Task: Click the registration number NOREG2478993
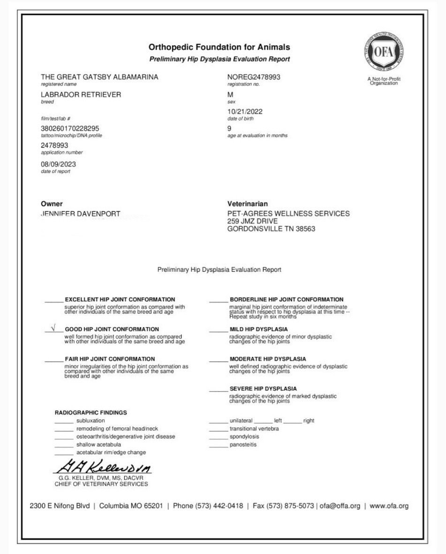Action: (254, 77)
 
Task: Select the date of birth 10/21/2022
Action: (245, 112)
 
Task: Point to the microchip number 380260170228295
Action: (70, 128)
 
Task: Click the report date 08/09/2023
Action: (59, 164)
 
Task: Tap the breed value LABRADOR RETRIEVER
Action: (81, 94)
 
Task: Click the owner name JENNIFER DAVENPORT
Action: (81, 214)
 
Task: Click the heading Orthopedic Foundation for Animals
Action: (219, 47)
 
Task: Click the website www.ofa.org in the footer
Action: (389, 506)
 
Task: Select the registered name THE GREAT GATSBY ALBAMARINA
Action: (99, 77)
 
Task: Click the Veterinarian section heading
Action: (248, 204)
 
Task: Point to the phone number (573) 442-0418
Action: (208, 506)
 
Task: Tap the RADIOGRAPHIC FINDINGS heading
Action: (91, 413)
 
